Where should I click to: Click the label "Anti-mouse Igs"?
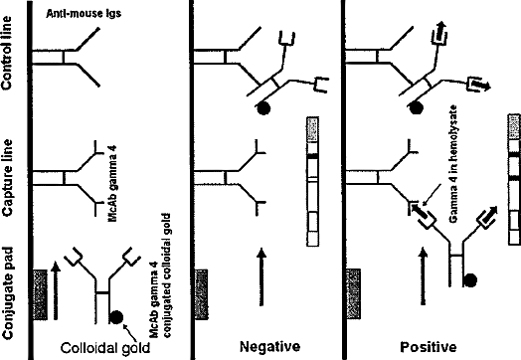pos(84,14)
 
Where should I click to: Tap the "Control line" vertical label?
pos(7,53)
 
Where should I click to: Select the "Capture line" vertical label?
pos(7,178)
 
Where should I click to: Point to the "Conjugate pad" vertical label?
pos(7,293)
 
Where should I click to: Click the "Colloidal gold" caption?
pos(105,348)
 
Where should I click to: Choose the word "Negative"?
pos(269,347)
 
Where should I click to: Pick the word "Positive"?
pos(428,347)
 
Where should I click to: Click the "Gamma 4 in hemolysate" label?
pos(453,164)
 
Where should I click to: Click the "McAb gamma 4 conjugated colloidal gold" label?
pos(160,275)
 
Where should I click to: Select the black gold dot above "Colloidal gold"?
pos(116,317)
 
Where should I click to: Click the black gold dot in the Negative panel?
pos(263,108)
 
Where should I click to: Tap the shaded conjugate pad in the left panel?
pos(40,294)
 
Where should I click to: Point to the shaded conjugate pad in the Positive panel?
pos(353,293)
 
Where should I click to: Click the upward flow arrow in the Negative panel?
pos(261,276)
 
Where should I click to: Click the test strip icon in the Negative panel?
pos(312,182)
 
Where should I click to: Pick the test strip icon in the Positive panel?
pos(514,180)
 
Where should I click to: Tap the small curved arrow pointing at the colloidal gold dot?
pos(130,332)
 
